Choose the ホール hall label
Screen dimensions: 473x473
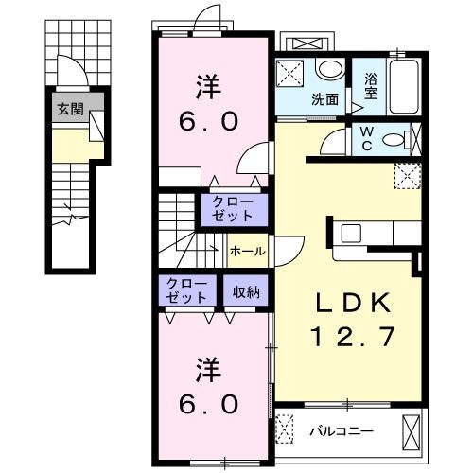(x=248, y=252)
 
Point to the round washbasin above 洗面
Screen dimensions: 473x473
(x=328, y=69)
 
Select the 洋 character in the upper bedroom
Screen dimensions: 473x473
(x=210, y=87)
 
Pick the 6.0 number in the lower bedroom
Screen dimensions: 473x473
(x=210, y=403)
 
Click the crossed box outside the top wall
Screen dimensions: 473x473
(x=307, y=44)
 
